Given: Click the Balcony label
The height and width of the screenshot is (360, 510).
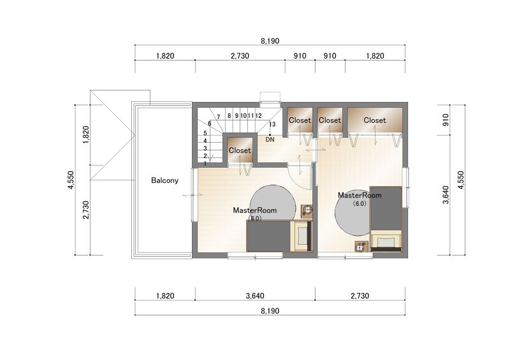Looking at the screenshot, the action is click(x=164, y=180).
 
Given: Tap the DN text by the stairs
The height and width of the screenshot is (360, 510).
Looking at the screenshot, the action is click(x=270, y=140).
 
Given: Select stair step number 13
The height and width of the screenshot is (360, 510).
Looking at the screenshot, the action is click(x=272, y=124).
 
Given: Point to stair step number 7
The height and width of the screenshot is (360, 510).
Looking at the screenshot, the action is click(x=219, y=117).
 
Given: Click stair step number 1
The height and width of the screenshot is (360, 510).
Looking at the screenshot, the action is click(x=205, y=163).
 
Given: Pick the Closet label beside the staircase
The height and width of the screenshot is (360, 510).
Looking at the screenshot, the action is click(x=240, y=150).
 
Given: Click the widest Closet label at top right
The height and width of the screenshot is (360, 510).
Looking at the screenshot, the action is click(x=375, y=120).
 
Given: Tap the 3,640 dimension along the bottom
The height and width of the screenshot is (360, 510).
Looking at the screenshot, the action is click(x=255, y=296).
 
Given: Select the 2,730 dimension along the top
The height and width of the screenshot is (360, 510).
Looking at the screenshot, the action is click(x=240, y=56).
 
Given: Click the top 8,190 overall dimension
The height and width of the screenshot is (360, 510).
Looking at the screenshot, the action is click(x=270, y=41).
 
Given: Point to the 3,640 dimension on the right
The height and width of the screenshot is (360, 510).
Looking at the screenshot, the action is click(x=446, y=195).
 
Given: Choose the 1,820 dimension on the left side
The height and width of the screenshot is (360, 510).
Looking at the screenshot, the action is click(x=86, y=135).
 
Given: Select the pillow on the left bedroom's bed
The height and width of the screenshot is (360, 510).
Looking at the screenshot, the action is click(x=302, y=236).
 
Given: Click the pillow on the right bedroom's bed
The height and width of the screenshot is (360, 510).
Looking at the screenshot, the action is click(x=386, y=242).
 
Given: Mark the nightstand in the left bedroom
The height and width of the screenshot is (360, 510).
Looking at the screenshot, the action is click(x=307, y=211).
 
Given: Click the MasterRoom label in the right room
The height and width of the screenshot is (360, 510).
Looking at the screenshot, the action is click(x=360, y=195).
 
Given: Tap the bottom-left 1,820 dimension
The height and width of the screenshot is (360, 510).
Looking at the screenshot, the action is click(x=165, y=296).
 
